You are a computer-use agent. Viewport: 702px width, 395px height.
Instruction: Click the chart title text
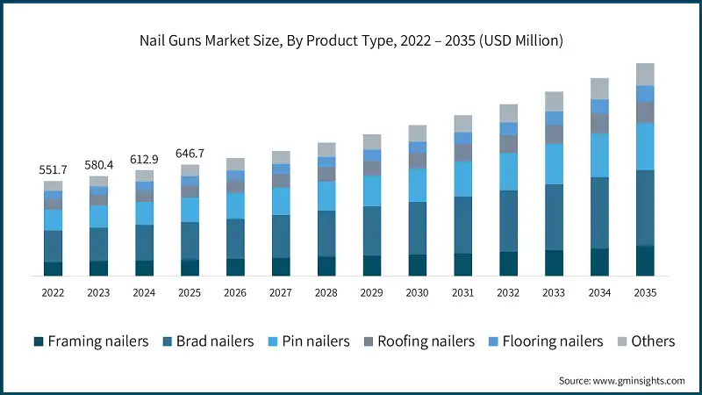(351, 40)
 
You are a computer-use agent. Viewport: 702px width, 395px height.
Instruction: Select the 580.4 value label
(99, 165)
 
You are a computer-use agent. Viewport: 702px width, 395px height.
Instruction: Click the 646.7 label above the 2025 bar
(190, 153)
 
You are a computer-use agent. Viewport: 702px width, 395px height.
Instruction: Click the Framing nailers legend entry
(90, 341)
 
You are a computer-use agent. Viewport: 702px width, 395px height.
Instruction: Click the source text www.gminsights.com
(621, 380)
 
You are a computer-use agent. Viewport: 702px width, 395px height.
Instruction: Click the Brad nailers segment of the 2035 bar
(645, 208)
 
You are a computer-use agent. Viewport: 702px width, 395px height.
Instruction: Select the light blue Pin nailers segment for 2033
(554, 163)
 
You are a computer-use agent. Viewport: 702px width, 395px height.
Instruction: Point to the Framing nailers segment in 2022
(54, 269)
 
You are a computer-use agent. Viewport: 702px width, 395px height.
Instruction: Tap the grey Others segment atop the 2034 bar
(599, 88)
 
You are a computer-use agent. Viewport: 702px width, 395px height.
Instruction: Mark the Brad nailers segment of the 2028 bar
(326, 233)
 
